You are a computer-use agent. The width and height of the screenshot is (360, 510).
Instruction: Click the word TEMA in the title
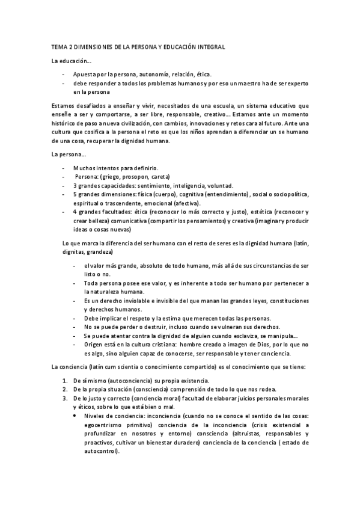(x=59, y=46)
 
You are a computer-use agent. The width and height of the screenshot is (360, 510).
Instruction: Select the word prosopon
(x=133, y=177)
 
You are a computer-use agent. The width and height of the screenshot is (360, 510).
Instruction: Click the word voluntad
(x=221, y=186)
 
